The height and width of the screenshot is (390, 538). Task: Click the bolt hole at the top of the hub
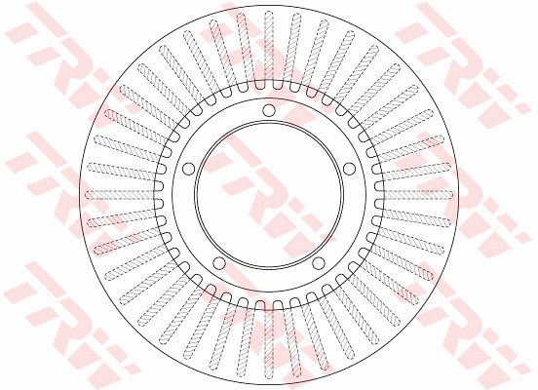[x=268, y=109]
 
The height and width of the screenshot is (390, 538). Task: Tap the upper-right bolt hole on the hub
[x=348, y=168]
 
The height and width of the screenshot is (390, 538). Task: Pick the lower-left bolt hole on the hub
[x=218, y=263]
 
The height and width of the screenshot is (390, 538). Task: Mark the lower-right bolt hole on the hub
[x=318, y=263]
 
